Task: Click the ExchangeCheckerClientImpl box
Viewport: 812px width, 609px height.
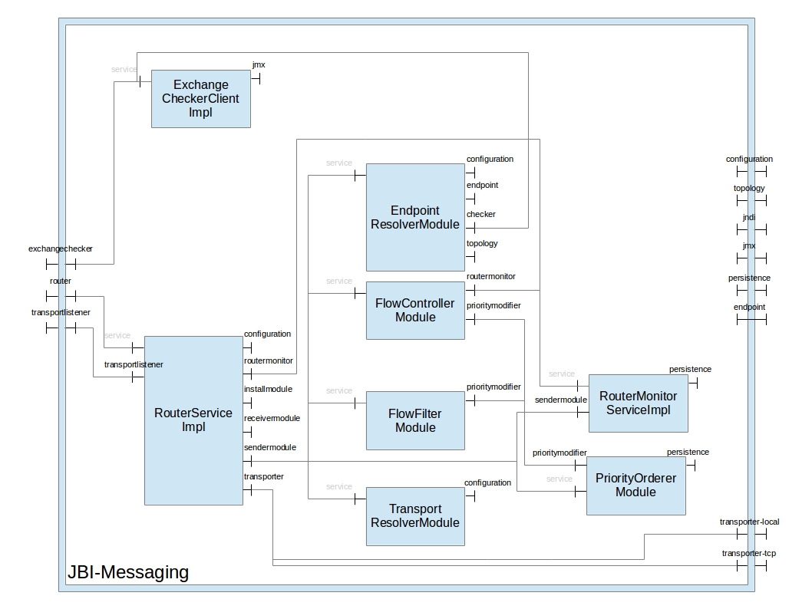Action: (200, 99)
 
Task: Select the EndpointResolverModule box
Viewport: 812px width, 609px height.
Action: (415, 217)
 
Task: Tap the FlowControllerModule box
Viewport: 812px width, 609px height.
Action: (415, 311)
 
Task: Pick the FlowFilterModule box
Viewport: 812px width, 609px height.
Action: (415, 420)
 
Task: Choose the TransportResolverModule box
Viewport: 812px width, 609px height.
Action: (415, 516)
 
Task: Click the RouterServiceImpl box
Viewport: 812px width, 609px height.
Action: (193, 420)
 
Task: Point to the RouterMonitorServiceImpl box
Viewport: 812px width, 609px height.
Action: (638, 403)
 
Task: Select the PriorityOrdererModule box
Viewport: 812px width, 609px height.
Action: (635, 486)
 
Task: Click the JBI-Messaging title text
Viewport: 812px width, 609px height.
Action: (128, 572)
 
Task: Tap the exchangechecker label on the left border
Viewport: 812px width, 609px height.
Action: (61, 249)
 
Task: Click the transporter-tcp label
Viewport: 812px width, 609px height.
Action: (749, 553)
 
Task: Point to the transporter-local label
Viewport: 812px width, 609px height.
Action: (749, 522)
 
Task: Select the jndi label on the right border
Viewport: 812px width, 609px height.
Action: (749, 217)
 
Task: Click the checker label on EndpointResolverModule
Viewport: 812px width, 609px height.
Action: (481, 215)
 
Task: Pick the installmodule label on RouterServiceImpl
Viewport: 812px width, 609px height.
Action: (268, 390)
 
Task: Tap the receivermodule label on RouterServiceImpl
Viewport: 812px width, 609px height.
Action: (272, 419)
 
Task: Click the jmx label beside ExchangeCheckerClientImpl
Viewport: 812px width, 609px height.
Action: (259, 65)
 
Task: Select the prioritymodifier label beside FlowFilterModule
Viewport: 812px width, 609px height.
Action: (493, 387)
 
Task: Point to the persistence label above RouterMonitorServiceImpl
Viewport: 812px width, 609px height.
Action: (690, 370)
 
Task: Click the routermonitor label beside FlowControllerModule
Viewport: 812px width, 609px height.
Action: (491, 276)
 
